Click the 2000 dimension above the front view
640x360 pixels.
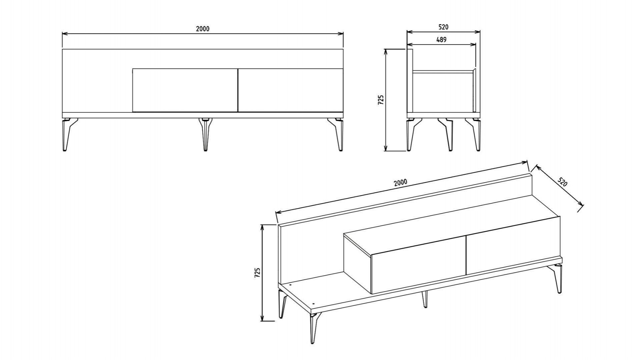click(x=203, y=29)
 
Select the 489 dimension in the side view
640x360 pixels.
click(x=441, y=40)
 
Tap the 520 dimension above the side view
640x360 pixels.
click(x=443, y=27)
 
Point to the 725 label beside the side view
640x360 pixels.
click(x=381, y=100)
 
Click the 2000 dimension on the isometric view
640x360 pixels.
click(x=400, y=182)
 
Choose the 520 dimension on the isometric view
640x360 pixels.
click(x=562, y=182)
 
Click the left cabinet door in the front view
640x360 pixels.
click(x=185, y=90)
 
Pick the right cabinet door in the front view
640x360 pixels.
click(x=290, y=90)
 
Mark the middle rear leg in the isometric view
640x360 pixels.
click(x=424, y=299)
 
